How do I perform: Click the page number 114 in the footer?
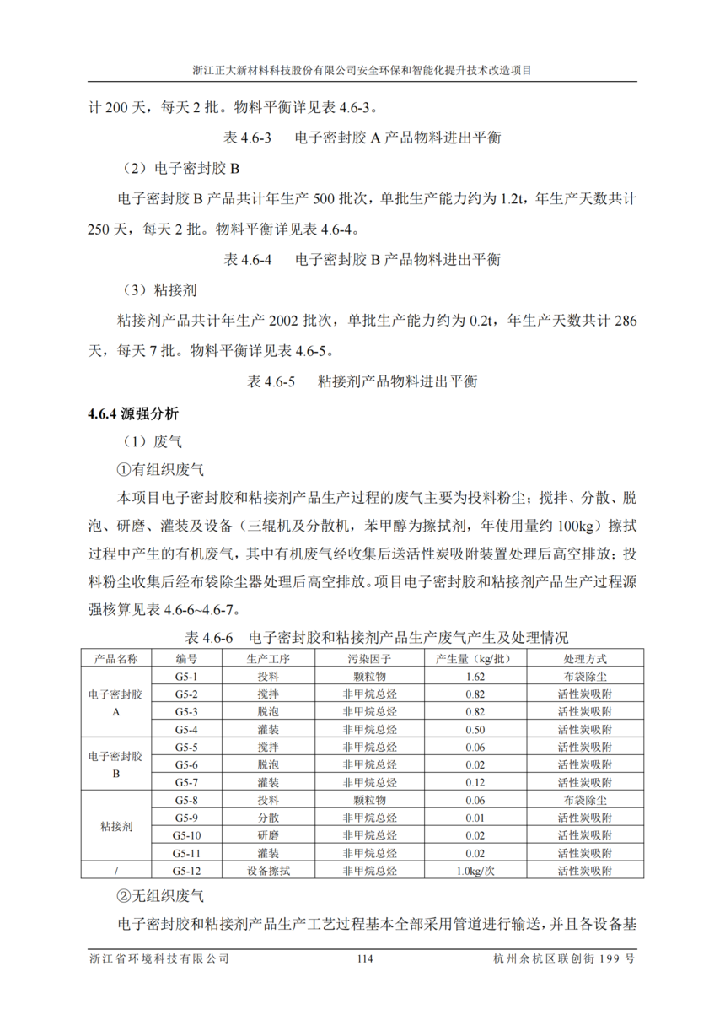[x=364, y=958]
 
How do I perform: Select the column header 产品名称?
[x=116, y=658]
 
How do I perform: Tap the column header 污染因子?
[x=369, y=658]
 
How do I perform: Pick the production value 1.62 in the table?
[x=475, y=676]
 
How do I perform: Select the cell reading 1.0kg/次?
[x=475, y=870]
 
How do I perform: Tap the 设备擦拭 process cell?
[x=267, y=870]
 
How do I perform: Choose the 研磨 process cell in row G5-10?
[x=267, y=835]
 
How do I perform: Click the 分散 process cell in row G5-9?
[x=267, y=818]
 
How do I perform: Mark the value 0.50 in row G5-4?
[x=475, y=729]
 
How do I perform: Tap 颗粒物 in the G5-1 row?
[x=369, y=676]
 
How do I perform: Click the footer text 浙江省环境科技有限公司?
[x=159, y=958]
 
